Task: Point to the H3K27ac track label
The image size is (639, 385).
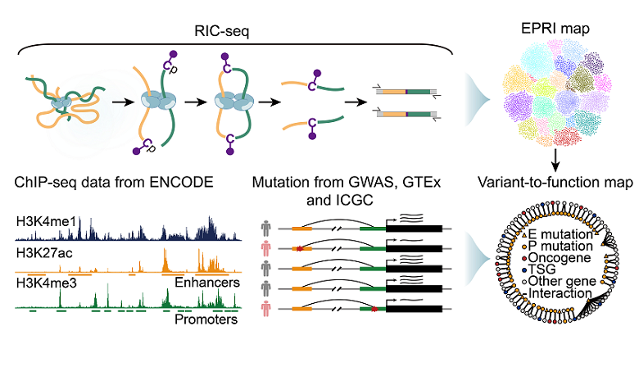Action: click(43, 254)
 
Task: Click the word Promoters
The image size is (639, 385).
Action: click(206, 319)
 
